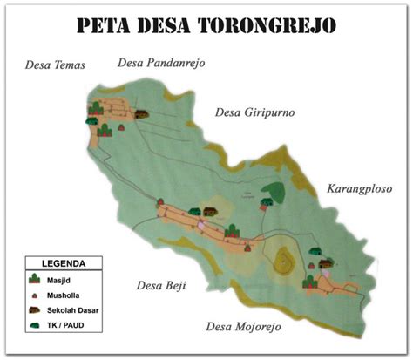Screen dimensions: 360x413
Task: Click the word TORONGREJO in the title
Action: (261, 24)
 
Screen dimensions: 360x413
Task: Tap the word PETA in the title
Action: (104, 24)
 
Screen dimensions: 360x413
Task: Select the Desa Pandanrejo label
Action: (157, 62)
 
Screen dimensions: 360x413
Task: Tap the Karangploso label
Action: (359, 187)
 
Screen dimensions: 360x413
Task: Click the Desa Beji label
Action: (161, 285)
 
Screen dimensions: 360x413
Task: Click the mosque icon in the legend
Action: (35, 279)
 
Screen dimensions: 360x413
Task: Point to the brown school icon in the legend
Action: (35, 310)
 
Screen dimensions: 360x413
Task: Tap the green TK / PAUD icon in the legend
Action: (35, 326)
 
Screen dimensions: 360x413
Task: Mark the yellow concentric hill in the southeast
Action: (283, 259)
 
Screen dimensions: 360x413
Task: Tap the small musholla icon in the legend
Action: (35, 296)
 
